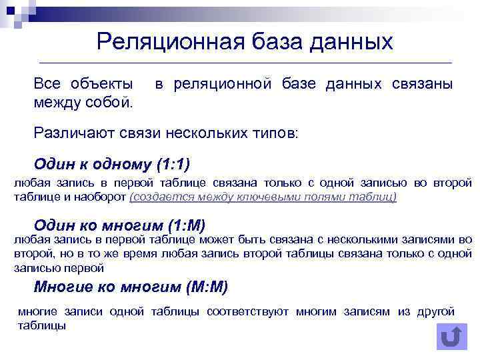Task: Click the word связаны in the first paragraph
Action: pos(422,84)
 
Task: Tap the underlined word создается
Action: pos(155,197)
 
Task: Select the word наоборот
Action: pos(105,197)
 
